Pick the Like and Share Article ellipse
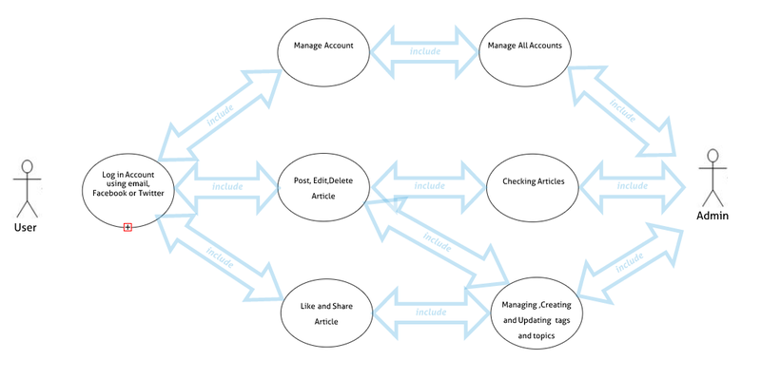pyautogui.click(x=326, y=313)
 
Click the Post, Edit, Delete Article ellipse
pyautogui.click(x=323, y=186)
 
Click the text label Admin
pyautogui.click(x=712, y=217)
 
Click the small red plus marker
pyautogui.click(x=127, y=227)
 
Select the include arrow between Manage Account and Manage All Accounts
pyautogui.click(x=424, y=51)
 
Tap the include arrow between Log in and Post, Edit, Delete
pyautogui.click(x=227, y=185)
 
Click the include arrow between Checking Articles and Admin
pyautogui.click(x=632, y=185)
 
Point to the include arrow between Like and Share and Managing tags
pyautogui.click(x=431, y=312)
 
